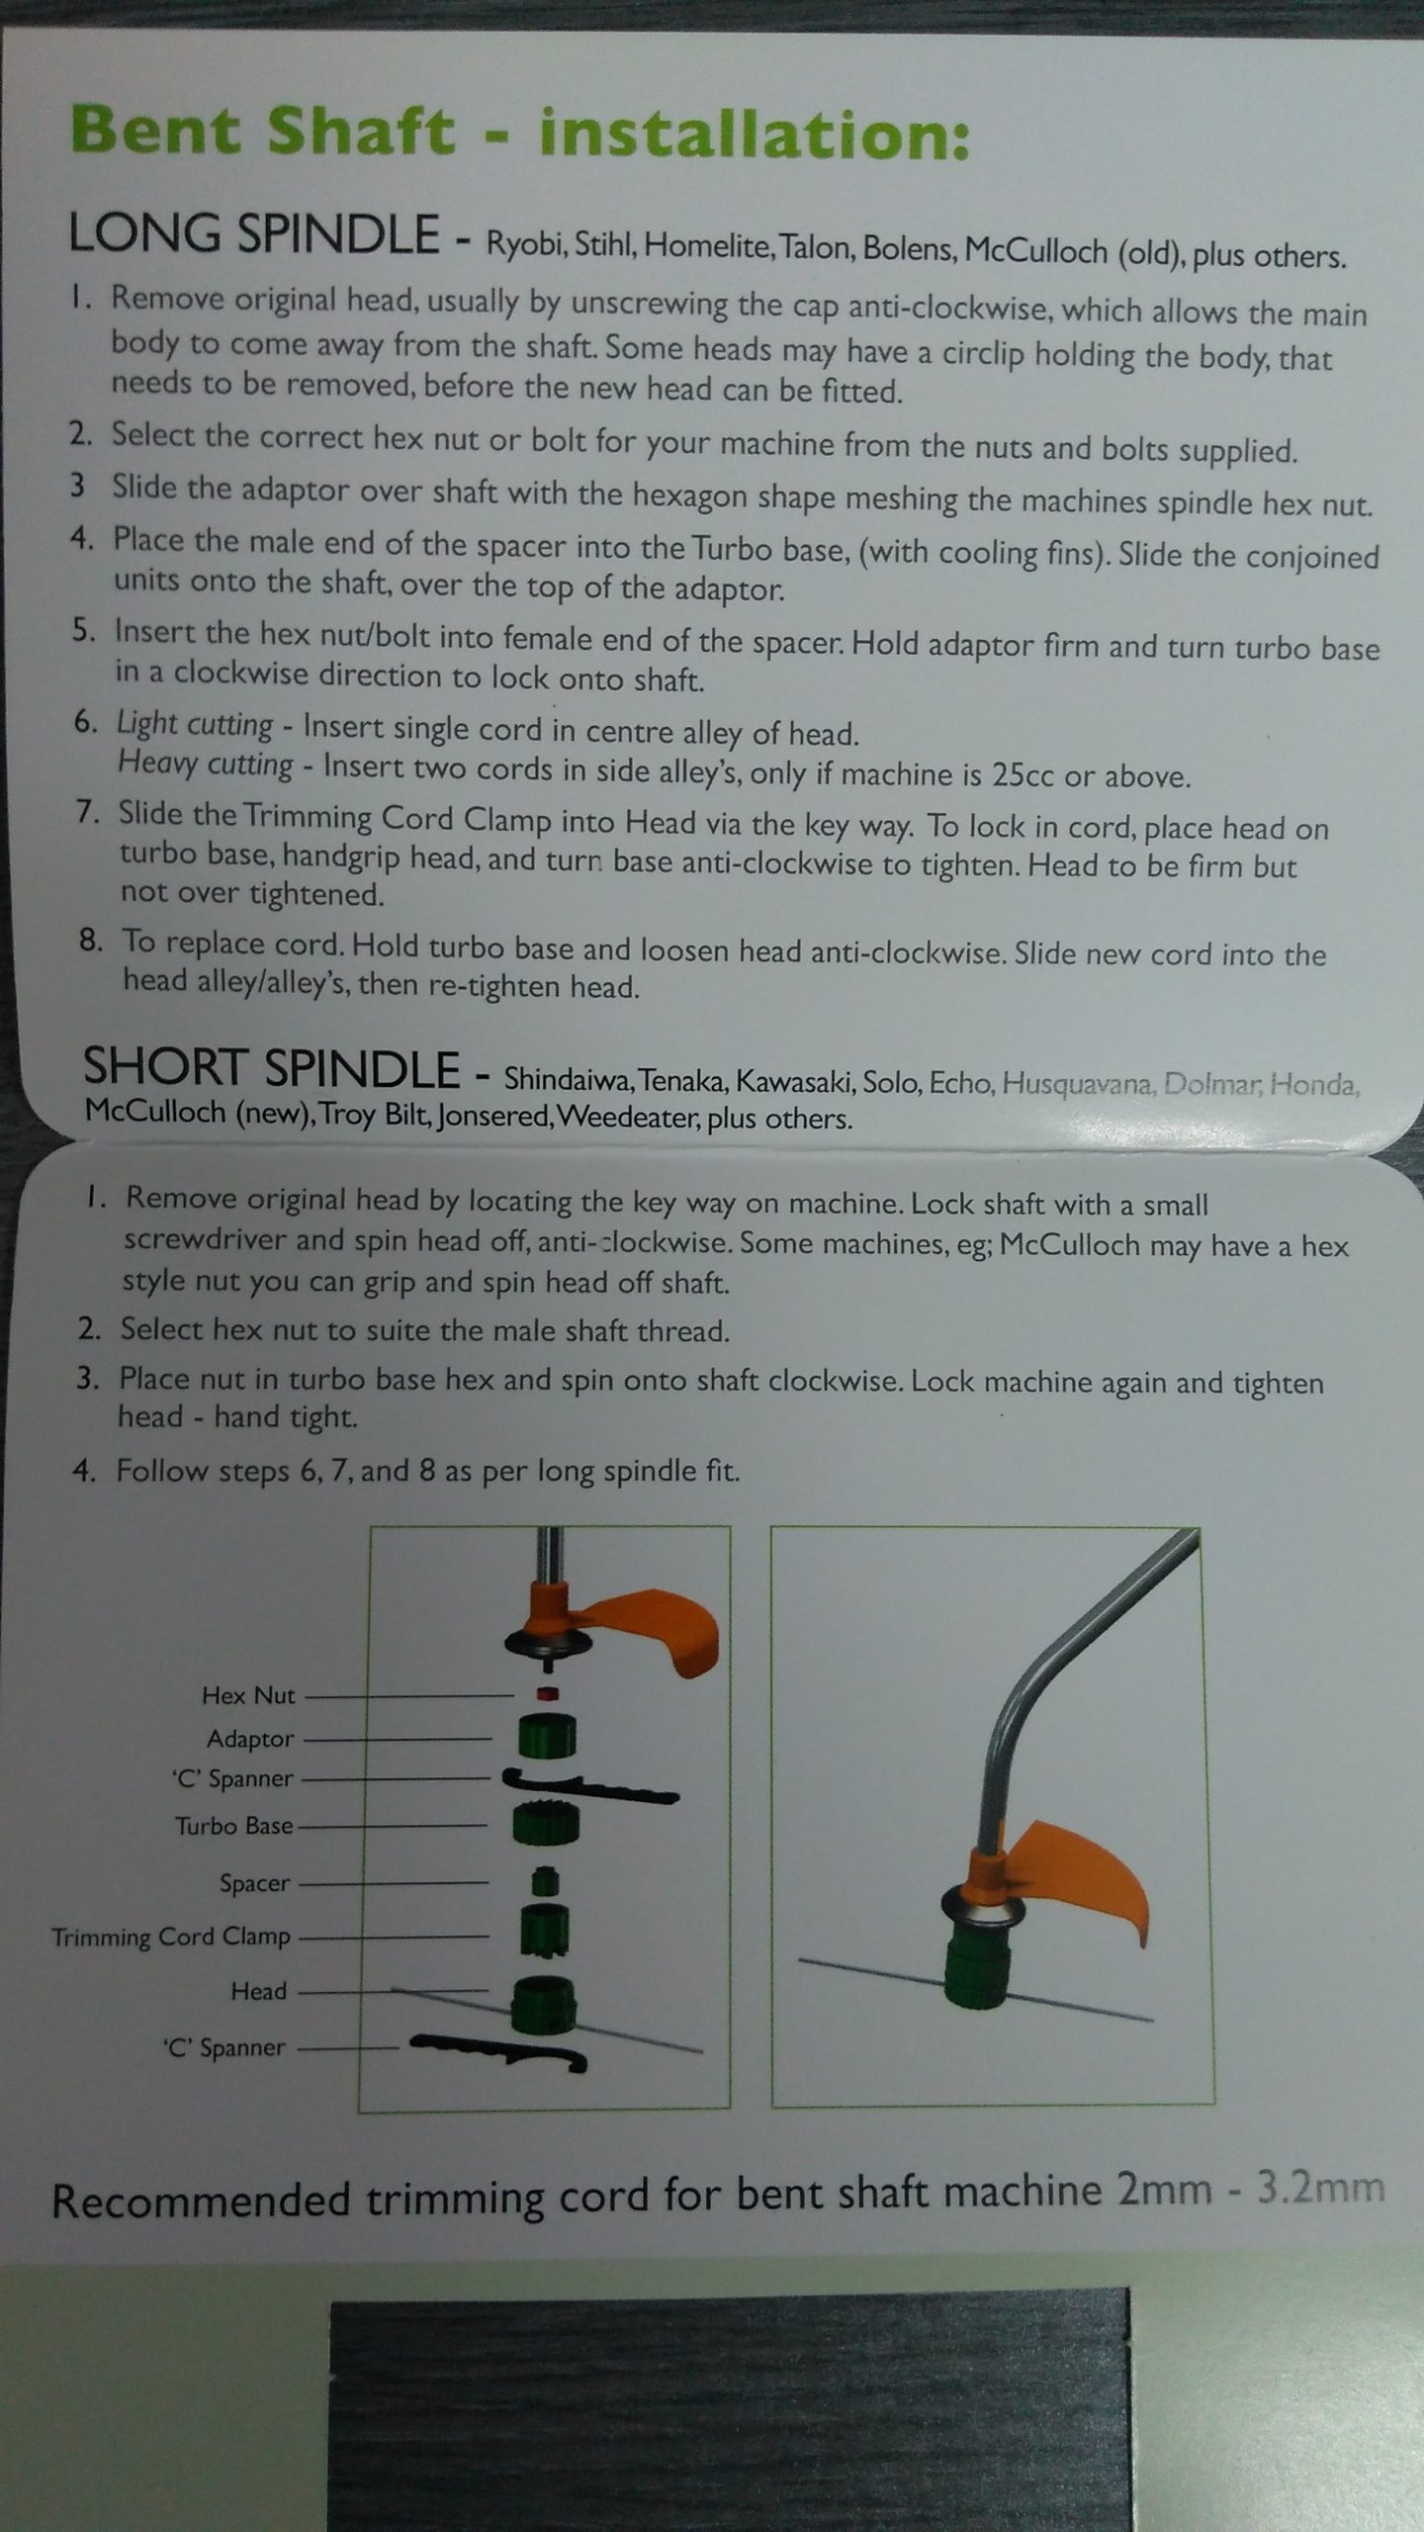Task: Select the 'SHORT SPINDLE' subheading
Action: click(x=272, y=1067)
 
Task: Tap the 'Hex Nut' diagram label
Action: click(x=248, y=1695)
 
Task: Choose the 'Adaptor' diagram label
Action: click(x=250, y=1739)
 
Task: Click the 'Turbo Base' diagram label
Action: click(x=234, y=1825)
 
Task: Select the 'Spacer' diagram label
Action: click(x=255, y=1883)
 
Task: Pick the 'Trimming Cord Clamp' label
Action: click(x=171, y=1937)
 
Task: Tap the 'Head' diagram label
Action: click(x=258, y=1991)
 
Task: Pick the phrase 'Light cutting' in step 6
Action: click(x=195, y=724)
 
